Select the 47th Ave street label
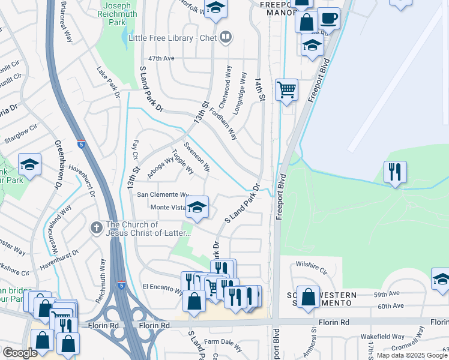[161, 59]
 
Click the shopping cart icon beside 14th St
[286, 90]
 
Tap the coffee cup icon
[328, 19]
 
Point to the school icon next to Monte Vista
[196, 208]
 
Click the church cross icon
[95, 227]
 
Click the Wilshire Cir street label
[310, 264]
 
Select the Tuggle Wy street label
[182, 161]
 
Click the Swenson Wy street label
[197, 156]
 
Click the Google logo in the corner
[20, 353]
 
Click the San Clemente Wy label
[163, 194]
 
